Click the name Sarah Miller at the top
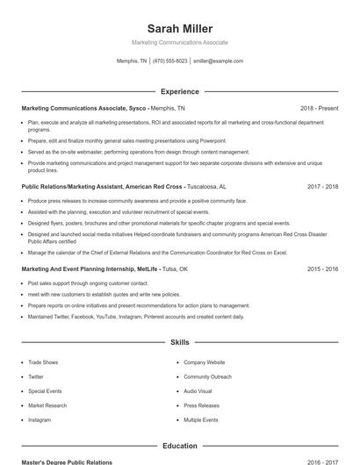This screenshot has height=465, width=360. [179, 29]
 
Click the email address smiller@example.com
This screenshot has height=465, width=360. [218, 61]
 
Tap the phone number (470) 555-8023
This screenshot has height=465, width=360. [169, 61]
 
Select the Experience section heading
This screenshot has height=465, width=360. [179, 91]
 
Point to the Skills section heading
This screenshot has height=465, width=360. [179, 342]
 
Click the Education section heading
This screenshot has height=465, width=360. [179, 446]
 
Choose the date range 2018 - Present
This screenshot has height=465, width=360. [319, 108]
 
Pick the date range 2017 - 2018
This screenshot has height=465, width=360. [322, 187]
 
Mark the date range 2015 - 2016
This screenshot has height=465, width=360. [322, 269]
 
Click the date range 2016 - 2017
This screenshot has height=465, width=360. [322, 461]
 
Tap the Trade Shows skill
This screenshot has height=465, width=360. [42, 361]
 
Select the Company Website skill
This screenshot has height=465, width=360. [204, 361]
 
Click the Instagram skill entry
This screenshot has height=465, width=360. [40, 419]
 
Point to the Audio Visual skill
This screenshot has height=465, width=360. [198, 390]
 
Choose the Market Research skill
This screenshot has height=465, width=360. [47, 405]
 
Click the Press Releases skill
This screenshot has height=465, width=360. [201, 405]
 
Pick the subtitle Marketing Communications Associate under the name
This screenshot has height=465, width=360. [179, 42]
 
